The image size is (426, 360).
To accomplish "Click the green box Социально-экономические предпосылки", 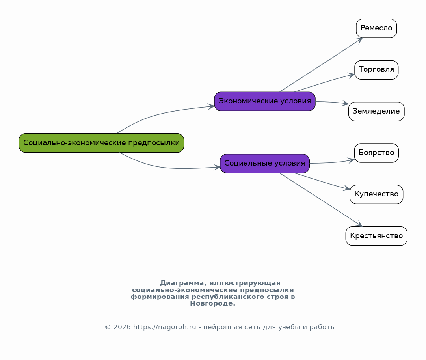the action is click(x=101, y=143).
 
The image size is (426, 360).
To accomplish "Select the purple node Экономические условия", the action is click(x=264, y=101).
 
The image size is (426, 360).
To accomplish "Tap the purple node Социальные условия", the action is click(x=264, y=163).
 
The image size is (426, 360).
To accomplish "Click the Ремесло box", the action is click(x=376, y=28).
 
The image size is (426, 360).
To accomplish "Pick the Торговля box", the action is click(x=376, y=70).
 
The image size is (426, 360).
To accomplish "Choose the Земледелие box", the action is click(x=376, y=112).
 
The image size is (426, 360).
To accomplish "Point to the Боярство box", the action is click(x=376, y=153).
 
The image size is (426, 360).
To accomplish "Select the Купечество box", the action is click(x=376, y=194).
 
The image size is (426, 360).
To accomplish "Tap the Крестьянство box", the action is click(x=376, y=236).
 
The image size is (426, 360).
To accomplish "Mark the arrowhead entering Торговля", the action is click(x=352, y=75).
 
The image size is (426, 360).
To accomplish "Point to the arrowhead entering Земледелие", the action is click(x=346, y=103).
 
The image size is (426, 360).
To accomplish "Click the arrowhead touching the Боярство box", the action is click(x=351, y=160).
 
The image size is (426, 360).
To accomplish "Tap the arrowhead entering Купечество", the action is click(x=347, y=188).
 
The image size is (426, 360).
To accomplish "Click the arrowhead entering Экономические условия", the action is click(x=211, y=106).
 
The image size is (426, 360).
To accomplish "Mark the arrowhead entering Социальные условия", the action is click(x=217, y=167).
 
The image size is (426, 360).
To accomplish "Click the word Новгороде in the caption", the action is click(x=212, y=304).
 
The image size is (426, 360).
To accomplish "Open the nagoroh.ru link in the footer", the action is click(x=164, y=327).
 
